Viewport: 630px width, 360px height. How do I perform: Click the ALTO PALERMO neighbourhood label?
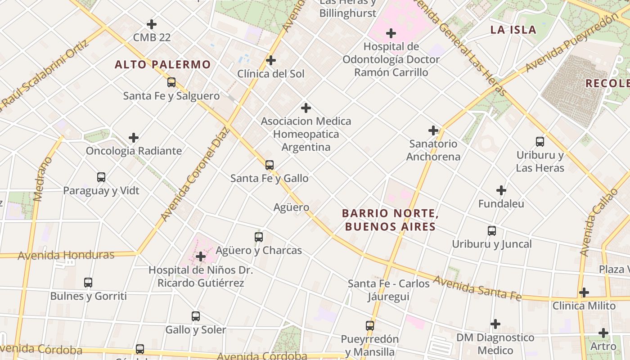tap(162, 65)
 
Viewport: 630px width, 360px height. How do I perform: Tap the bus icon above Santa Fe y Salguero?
tap(171, 82)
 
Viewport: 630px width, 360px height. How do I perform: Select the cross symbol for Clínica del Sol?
tap(271, 60)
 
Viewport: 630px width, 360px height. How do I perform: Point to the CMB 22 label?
tap(152, 37)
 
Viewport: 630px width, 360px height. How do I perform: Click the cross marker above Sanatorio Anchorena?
tap(433, 130)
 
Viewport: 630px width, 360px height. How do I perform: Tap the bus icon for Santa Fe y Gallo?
tap(270, 165)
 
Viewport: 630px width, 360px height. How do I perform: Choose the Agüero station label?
tap(291, 207)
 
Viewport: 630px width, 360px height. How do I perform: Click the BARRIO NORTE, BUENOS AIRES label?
tap(390, 220)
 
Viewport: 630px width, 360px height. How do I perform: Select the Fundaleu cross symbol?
tap(501, 190)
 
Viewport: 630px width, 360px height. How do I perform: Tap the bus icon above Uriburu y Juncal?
tap(492, 231)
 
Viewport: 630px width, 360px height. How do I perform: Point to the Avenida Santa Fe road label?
tap(477, 288)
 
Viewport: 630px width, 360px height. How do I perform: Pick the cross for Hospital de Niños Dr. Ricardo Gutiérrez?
tap(201, 257)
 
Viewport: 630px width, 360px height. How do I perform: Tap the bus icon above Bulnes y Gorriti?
tap(88, 283)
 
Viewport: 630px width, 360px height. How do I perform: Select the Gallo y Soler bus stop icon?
tap(195, 316)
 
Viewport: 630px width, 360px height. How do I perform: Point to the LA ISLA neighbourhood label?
tap(513, 30)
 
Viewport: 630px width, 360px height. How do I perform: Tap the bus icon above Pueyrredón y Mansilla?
tap(369, 326)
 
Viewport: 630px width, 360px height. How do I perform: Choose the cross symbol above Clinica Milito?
tap(584, 292)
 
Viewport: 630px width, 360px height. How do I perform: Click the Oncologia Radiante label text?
tap(134, 151)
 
